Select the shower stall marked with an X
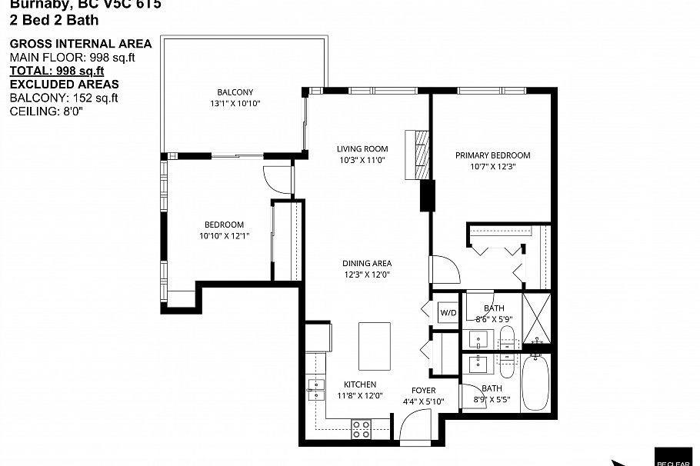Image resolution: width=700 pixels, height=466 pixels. (537, 318)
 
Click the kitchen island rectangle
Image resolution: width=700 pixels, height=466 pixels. (375, 346)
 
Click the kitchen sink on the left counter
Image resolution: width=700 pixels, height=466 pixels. (315, 390)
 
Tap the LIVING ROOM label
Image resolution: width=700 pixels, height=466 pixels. (362, 149)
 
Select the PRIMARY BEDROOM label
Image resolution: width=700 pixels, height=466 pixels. (492, 155)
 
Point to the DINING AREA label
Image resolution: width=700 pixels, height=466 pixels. (367, 263)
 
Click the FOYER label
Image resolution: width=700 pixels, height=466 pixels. (423, 391)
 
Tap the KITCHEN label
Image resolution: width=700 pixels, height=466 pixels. (360, 384)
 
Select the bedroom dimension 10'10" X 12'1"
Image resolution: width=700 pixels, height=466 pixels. (224, 236)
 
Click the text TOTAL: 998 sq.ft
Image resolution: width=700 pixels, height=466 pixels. (56, 71)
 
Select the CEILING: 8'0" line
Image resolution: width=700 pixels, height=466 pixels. (45, 112)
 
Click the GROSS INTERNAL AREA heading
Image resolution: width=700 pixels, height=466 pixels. (80, 44)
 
